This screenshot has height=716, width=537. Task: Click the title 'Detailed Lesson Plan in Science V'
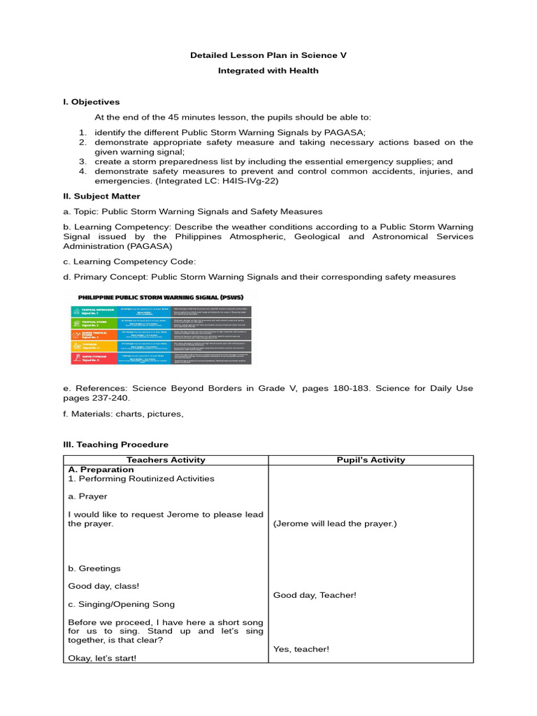pyautogui.click(x=268, y=55)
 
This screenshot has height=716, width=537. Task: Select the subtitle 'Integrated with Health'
pyautogui.click(x=268, y=71)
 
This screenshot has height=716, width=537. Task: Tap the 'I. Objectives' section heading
pyautogui.click(x=91, y=102)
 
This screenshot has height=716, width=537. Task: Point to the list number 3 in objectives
pyautogui.click(x=82, y=162)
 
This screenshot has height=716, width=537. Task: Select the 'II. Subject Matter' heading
pyautogui.click(x=101, y=196)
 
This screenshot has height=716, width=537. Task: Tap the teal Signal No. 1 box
pyautogui.click(x=91, y=312)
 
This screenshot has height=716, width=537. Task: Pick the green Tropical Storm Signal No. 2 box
pyautogui.click(x=91, y=325)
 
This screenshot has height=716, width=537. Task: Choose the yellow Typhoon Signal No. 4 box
pyautogui.click(x=91, y=346)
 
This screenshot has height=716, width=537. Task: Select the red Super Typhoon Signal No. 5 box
pyautogui.click(x=91, y=358)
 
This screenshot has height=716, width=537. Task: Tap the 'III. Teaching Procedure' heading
pyautogui.click(x=115, y=445)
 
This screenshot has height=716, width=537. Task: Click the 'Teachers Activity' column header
pyautogui.click(x=166, y=460)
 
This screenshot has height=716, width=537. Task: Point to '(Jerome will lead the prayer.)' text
pyautogui.click(x=334, y=524)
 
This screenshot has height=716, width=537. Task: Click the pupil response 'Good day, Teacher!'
pyautogui.click(x=315, y=595)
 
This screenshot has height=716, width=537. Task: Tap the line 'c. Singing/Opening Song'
pyautogui.click(x=121, y=604)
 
